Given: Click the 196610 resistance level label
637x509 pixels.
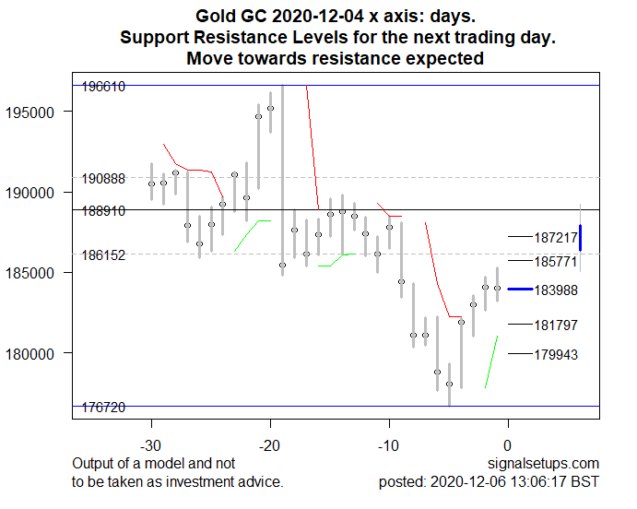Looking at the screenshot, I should tap(103, 87).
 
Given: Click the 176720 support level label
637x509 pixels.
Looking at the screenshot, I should tap(103, 407).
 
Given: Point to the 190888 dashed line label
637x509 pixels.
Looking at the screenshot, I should tap(103, 179).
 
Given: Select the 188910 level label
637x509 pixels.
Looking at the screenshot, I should tap(103, 211).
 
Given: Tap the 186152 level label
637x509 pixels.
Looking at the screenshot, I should tap(103, 255).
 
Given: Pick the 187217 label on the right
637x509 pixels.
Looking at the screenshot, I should tap(556, 239).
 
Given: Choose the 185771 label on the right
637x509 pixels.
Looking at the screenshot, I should tap(556, 262).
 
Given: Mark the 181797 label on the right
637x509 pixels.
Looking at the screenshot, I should tap(556, 326).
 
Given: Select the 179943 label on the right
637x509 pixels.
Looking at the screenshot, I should tap(556, 355).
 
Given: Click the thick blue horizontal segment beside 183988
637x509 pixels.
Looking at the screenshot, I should tap(520, 290).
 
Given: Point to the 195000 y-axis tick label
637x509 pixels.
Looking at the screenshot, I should tap(40, 112).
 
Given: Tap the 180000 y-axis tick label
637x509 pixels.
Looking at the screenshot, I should tap(40, 353).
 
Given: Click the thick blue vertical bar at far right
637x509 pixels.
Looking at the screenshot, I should tap(581, 237).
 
